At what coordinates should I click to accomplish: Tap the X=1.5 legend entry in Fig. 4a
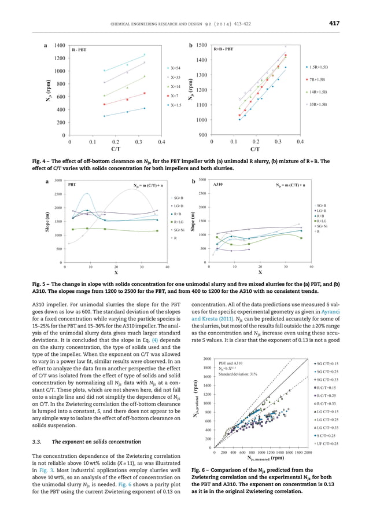point(177,105)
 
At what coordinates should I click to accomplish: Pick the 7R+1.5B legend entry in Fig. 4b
point(318,79)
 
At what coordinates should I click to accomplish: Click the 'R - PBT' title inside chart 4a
point(79,50)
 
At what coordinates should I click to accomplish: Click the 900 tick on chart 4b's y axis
point(201,135)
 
